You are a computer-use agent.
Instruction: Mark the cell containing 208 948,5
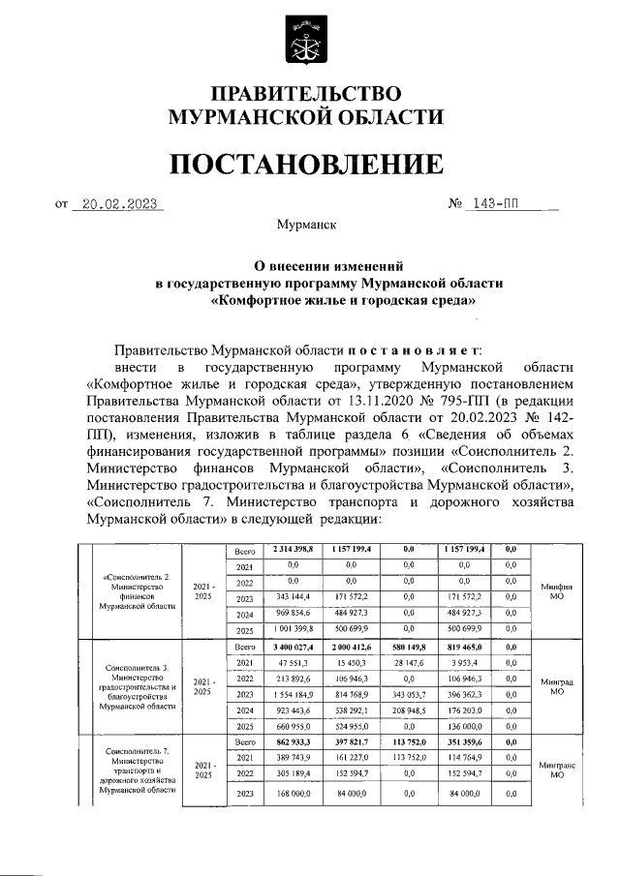(408, 710)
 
